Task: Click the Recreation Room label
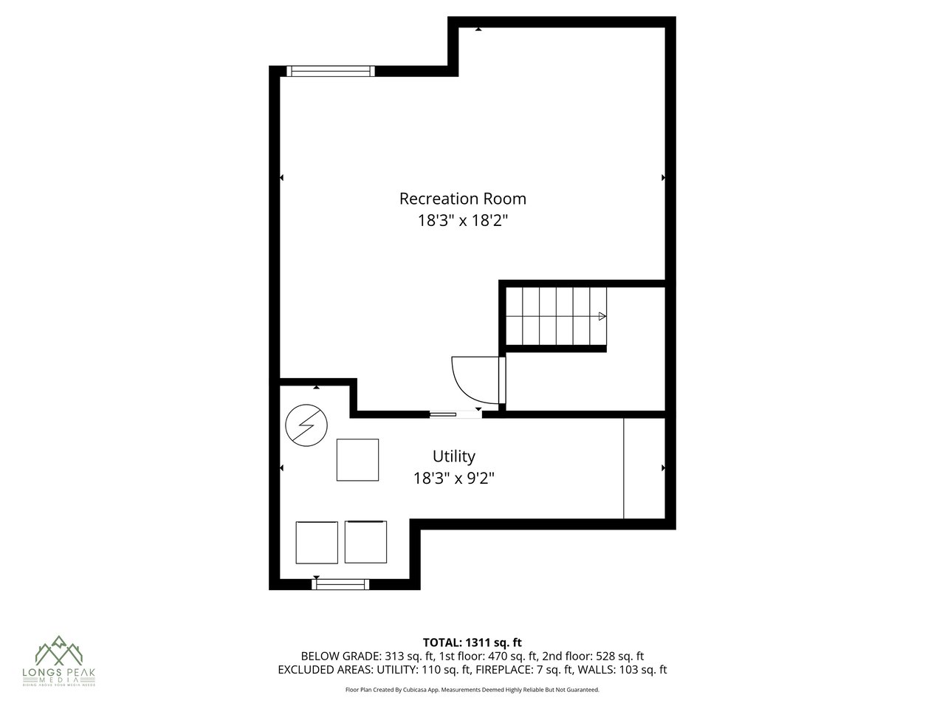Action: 462,199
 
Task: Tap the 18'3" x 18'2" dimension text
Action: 462,220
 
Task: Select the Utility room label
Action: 453,456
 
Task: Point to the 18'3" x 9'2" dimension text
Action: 453,478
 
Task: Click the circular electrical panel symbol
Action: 305,426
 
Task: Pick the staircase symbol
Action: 556,316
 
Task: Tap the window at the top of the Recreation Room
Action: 330,71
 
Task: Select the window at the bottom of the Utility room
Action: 340,584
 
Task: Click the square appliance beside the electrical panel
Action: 357,460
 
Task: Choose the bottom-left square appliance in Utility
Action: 317,543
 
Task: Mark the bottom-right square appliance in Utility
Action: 366,543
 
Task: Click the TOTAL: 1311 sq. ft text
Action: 472,643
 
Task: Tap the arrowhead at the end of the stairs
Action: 602,316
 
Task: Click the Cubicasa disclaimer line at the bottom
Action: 472,690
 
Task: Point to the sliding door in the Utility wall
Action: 455,414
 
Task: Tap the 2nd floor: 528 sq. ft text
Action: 593,656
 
